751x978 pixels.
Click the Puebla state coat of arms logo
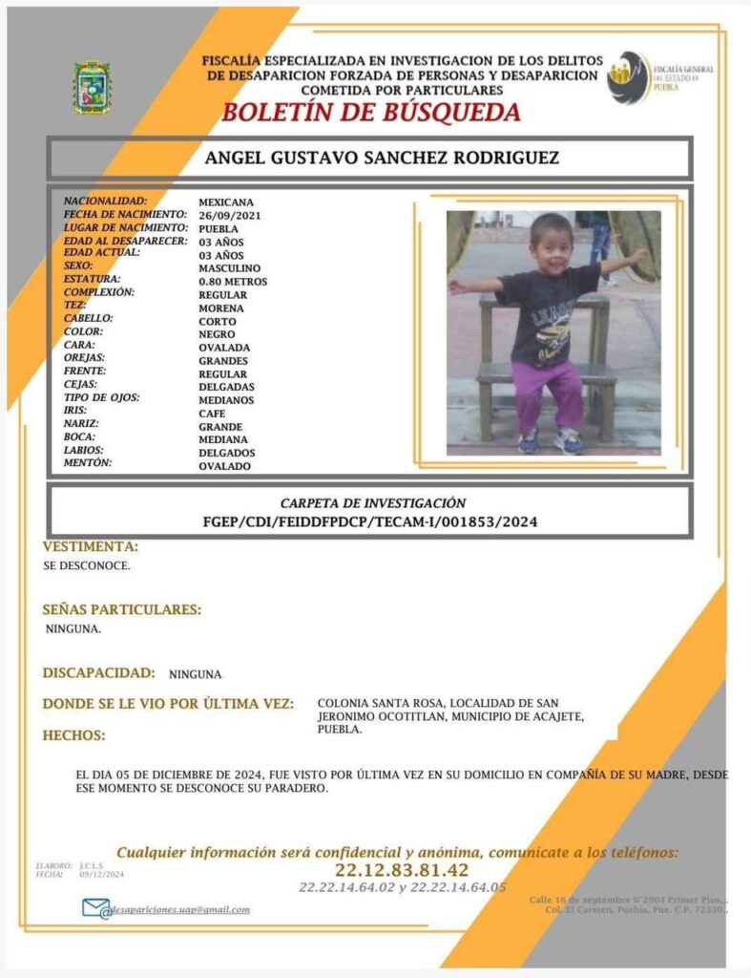coord(93,88)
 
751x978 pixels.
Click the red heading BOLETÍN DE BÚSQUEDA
coord(371,113)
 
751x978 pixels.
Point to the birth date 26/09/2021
coord(229,216)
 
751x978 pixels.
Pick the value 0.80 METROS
coord(233,282)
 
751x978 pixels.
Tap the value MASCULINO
coord(229,268)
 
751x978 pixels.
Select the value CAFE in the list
coord(212,413)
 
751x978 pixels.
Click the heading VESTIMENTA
coord(91,547)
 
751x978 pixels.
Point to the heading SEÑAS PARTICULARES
coord(122,609)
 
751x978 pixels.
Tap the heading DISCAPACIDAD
coord(98,672)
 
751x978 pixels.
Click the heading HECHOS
coord(73,735)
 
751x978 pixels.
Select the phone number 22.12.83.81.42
coord(402,870)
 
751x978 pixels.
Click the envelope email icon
coord(96,908)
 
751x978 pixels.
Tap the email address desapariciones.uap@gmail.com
coord(181,909)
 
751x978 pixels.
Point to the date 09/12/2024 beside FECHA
coord(102,874)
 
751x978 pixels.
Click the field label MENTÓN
coord(88,463)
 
